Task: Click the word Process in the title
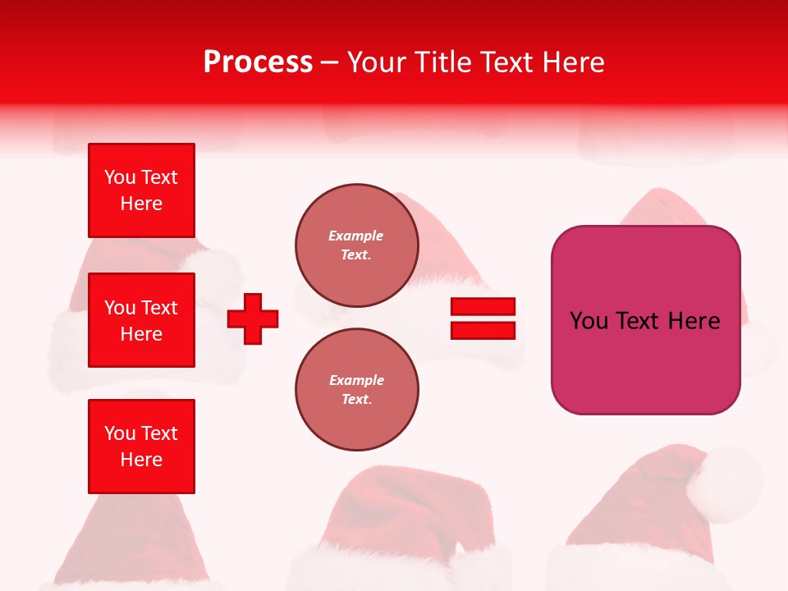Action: coord(258,62)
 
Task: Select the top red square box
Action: coord(141,190)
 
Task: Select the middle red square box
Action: coord(141,320)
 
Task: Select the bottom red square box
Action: coord(141,447)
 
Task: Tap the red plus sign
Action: coord(253,318)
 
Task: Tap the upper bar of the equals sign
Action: coord(483,307)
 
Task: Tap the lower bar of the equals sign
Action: coord(483,330)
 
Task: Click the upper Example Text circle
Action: coord(356,245)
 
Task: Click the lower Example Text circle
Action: coord(356,390)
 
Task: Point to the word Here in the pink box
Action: coord(694,321)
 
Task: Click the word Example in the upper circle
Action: coord(356,236)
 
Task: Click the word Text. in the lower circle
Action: coord(356,400)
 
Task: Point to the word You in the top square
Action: coord(120,177)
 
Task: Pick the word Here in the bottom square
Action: coord(141,460)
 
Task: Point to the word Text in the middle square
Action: coord(159,308)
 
